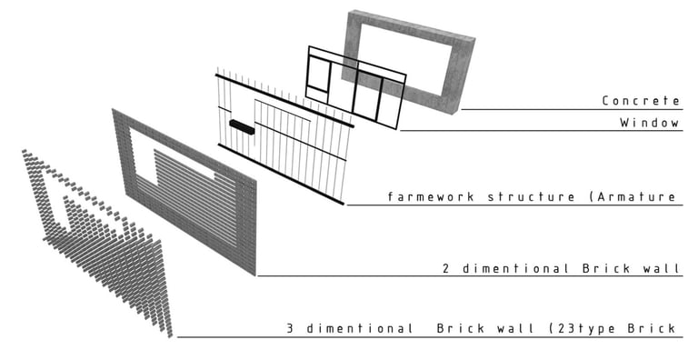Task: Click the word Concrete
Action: (641, 101)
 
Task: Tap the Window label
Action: (650, 122)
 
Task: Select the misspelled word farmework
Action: (431, 196)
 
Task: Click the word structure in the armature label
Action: (531, 196)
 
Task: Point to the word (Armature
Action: (633, 196)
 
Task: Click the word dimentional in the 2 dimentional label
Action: (515, 268)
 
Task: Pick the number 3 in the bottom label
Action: (290, 329)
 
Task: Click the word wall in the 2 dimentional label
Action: (662, 268)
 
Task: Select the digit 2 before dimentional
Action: (446, 268)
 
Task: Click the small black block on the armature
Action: (242, 126)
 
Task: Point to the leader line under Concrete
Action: (572, 109)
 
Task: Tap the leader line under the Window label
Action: (542, 131)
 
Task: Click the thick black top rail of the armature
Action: (284, 101)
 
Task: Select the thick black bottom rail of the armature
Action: (282, 175)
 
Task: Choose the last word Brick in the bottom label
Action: (653, 329)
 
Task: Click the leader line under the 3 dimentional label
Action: (430, 337)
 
